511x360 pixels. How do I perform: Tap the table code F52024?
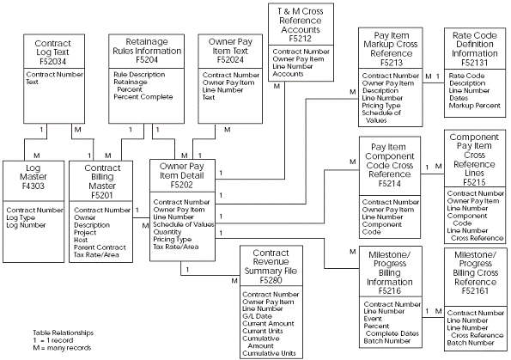(x=224, y=62)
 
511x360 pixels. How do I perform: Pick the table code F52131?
(x=477, y=63)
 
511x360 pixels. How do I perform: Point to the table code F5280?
(x=271, y=279)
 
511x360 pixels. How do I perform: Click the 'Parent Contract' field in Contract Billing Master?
(x=100, y=247)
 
